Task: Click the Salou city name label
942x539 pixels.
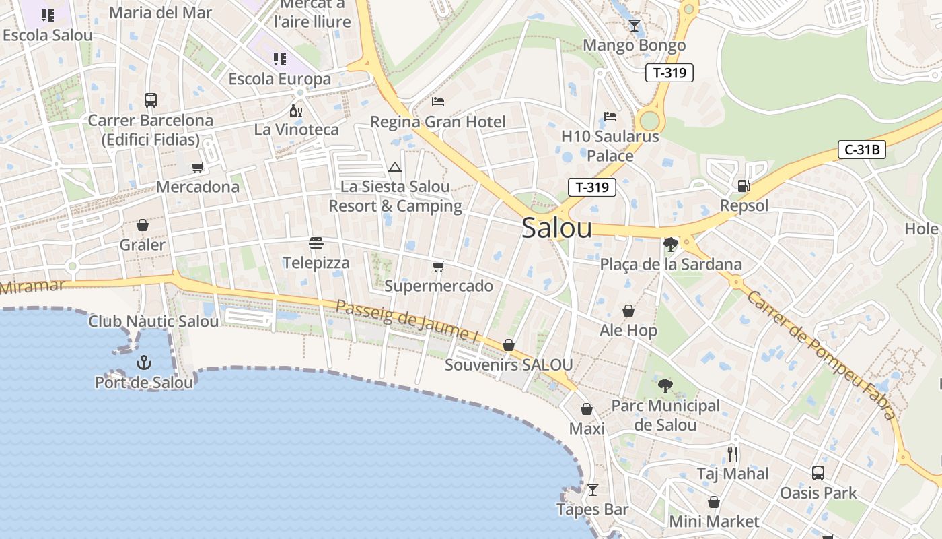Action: [556, 228]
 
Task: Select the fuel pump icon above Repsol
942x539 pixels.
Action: [744, 185]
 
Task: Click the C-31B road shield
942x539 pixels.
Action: [861, 150]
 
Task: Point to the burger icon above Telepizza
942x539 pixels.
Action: [316, 243]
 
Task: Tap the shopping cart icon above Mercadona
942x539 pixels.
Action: [197, 167]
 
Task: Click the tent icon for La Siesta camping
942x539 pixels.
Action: [395, 167]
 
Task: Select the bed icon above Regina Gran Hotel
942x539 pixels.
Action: [438, 102]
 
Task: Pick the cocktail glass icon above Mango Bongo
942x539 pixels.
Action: [634, 26]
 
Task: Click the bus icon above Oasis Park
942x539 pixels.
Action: [818, 473]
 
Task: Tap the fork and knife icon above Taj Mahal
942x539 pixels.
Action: [733, 453]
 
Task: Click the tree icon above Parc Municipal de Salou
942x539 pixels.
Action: [665, 386]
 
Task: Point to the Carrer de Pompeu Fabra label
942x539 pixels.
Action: [822, 354]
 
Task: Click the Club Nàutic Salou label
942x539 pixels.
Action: [153, 321]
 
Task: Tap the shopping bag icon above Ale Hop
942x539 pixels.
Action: [628, 311]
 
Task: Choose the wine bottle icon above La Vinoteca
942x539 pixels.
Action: [296, 110]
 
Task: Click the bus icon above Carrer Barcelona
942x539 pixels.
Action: [151, 101]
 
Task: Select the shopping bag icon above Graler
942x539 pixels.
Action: [143, 225]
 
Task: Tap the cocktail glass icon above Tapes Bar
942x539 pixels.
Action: [592, 490]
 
